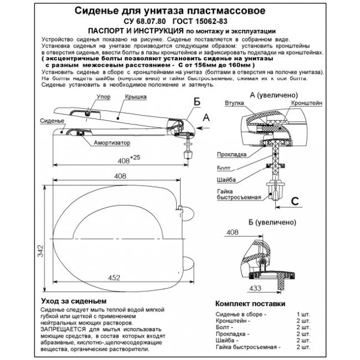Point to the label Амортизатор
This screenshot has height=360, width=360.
pos(112,142)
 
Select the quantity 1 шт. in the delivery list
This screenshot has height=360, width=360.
pos(304,314)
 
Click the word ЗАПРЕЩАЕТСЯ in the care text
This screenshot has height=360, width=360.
pos(64,329)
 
